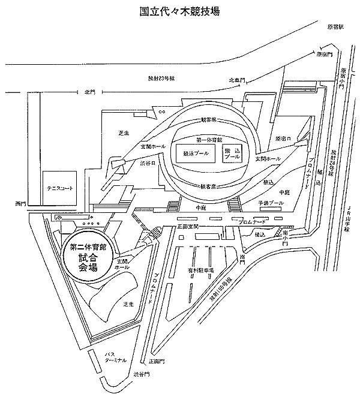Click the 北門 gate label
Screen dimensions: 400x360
click(90, 92)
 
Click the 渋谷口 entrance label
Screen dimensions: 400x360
click(148, 161)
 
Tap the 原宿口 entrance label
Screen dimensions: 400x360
click(283, 139)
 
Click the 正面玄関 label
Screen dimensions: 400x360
click(188, 226)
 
